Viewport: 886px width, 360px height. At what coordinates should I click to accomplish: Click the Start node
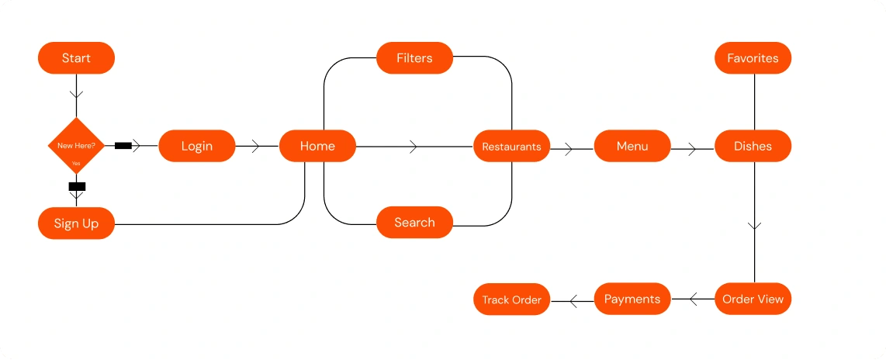(76, 57)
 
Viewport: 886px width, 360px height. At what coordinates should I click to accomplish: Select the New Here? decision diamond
(76, 146)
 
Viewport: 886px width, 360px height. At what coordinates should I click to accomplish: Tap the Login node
(196, 146)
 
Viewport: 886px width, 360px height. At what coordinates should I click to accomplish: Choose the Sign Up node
(76, 223)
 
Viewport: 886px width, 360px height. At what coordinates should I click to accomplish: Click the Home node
(317, 146)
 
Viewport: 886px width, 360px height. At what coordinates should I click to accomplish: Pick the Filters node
(415, 57)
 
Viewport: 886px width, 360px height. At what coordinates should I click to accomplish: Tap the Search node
(415, 222)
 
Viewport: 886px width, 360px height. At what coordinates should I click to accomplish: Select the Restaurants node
(511, 147)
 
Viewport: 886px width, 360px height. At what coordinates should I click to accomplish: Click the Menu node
(632, 146)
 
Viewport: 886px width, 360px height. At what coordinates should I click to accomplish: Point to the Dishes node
(753, 146)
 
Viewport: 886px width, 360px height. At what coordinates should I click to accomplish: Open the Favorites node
(753, 57)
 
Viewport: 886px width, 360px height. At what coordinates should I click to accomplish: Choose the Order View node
(753, 299)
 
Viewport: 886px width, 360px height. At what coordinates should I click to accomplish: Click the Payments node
(632, 299)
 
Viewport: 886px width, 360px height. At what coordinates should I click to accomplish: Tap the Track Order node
(511, 299)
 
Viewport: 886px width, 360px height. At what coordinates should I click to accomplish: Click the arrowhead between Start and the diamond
(76, 95)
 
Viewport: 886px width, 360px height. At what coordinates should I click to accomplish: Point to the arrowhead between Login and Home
(255, 147)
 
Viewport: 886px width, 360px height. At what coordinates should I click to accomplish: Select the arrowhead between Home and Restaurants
(414, 147)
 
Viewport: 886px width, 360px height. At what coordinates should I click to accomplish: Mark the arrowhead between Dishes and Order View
(754, 226)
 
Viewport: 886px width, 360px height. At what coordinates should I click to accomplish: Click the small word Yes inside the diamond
(76, 164)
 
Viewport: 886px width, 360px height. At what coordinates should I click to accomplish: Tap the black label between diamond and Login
(123, 146)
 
